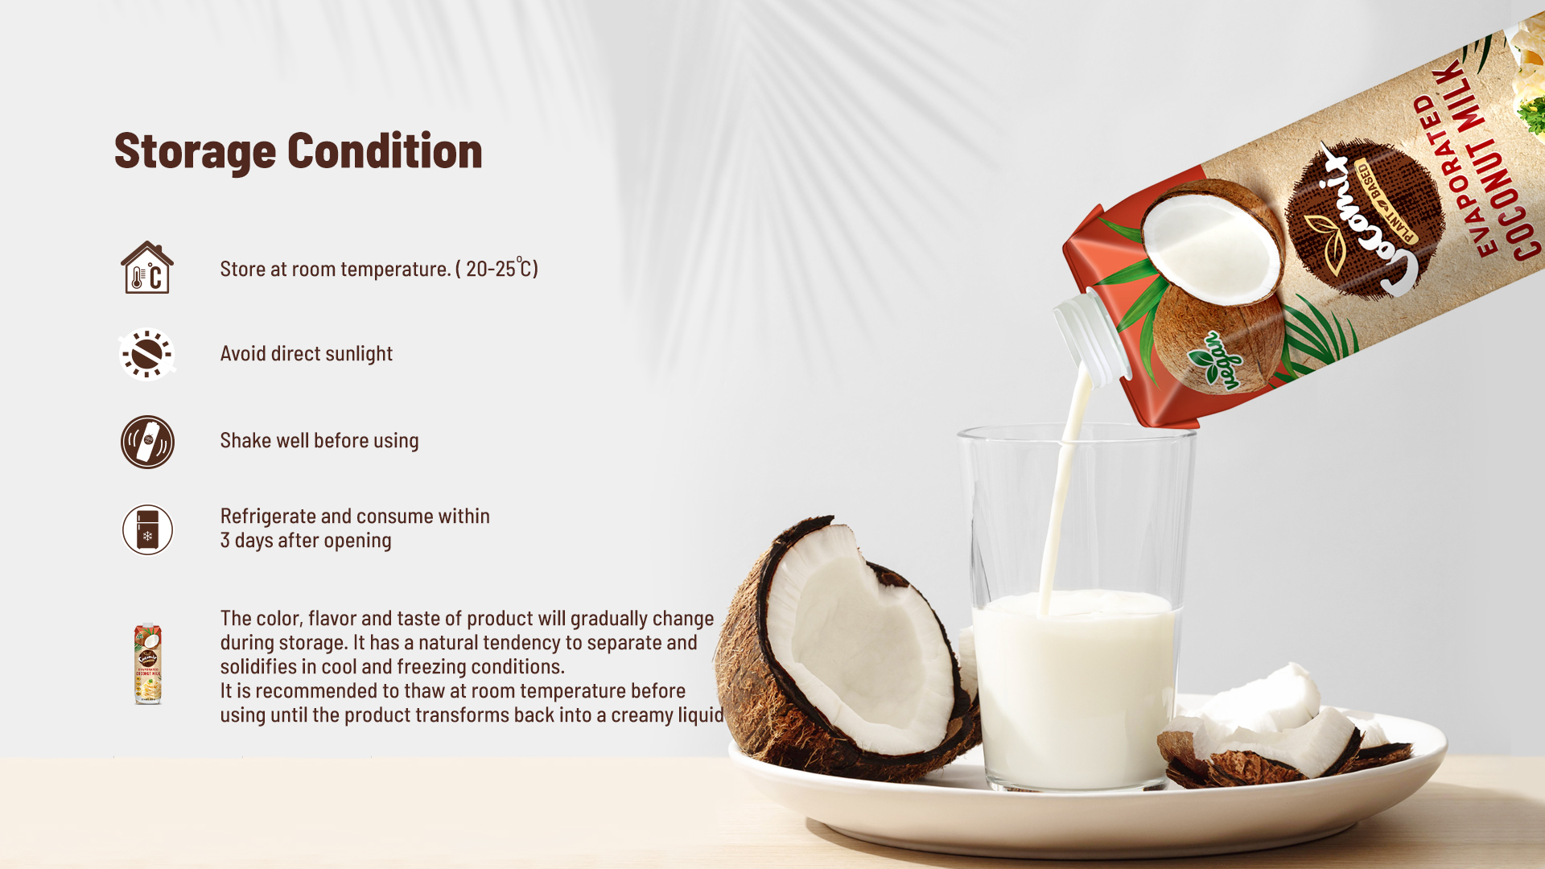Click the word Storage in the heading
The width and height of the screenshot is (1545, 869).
(x=195, y=151)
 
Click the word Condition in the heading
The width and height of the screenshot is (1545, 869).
(x=385, y=151)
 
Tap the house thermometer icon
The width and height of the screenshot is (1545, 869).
(x=147, y=268)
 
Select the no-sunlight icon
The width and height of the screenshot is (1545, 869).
(x=147, y=354)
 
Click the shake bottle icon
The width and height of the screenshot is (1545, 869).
(x=147, y=442)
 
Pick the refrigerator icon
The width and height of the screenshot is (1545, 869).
(x=147, y=529)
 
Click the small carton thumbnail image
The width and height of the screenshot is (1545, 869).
(x=147, y=664)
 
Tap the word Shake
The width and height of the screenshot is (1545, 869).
(x=245, y=441)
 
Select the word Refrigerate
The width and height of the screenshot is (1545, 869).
(x=268, y=517)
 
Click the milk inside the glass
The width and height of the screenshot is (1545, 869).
(x=1074, y=684)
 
